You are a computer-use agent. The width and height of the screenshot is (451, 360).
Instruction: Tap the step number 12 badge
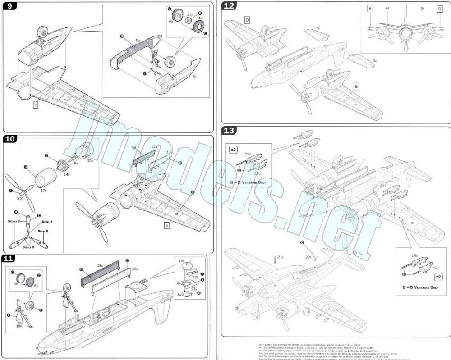point(229,6)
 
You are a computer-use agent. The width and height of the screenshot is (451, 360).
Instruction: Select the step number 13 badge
point(229,131)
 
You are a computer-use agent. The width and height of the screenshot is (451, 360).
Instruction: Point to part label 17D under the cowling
point(44,191)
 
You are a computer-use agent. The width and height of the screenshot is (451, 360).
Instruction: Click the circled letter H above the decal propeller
point(15,212)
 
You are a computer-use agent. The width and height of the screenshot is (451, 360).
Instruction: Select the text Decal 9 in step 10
point(47,222)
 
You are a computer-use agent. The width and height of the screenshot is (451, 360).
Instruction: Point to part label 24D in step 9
point(190,14)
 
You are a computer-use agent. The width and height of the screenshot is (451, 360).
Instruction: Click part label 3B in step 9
point(195,77)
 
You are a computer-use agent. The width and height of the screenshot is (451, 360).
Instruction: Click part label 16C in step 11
point(181,261)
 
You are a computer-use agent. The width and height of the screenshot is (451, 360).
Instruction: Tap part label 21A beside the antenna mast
point(281,257)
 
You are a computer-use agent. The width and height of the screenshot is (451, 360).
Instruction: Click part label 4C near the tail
point(360,253)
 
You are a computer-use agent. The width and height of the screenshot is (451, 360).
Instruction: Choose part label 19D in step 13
point(414,256)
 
